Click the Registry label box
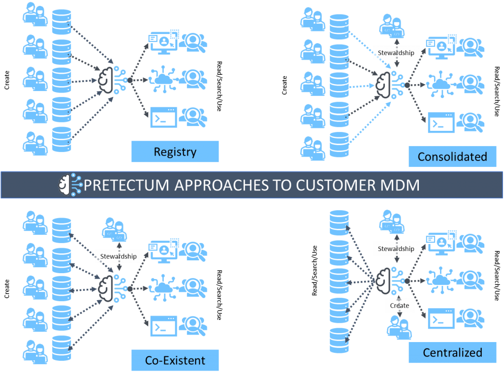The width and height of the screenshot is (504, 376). (175, 152)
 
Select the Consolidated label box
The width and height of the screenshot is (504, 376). (452, 157)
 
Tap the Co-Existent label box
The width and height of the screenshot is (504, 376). (175, 360)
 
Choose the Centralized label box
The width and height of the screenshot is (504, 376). (452, 352)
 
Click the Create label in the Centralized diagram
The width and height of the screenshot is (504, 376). (399, 306)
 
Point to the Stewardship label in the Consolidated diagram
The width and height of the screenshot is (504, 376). (396, 53)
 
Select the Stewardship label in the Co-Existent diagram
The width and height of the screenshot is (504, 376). (118, 256)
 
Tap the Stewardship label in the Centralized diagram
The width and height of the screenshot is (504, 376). (396, 249)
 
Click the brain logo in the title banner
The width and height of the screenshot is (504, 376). (69, 185)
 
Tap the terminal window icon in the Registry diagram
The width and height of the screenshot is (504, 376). (163, 118)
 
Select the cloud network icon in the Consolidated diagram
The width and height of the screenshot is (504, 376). (440, 84)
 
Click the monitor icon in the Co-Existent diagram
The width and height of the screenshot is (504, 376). (162, 251)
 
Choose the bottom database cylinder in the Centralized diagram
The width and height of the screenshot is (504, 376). (339, 340)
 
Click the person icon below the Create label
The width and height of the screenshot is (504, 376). (399, 327)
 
